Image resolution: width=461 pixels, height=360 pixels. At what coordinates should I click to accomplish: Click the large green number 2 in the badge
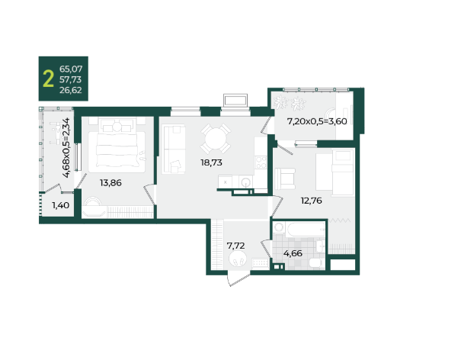(x=49, y=79)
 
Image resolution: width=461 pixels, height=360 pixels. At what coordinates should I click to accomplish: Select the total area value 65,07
(x=71, y=69)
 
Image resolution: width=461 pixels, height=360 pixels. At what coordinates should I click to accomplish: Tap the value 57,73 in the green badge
(x=71, y=79)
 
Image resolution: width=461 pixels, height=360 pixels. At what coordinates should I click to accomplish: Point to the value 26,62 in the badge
(x=71, y=90)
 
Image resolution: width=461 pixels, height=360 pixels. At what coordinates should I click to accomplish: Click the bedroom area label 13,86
(x=110, y=183)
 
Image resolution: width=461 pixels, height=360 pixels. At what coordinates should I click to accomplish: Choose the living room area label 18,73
(x=211, y=162)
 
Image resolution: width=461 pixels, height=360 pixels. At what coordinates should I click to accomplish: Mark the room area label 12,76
(x=311, y=201)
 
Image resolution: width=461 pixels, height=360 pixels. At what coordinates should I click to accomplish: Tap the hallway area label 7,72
(x=235, y=246)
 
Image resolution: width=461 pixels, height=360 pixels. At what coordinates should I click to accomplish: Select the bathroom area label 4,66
(x=293, y=253)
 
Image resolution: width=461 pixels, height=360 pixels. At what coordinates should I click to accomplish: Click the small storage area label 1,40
(x=60, y=205)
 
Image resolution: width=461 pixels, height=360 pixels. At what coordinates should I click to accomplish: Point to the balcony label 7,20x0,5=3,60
(x=317, y=121)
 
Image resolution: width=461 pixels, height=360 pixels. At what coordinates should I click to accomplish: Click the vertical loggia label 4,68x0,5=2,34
(x=67, y=147)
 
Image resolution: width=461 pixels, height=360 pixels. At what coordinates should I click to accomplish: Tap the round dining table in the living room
(x=216, y=138)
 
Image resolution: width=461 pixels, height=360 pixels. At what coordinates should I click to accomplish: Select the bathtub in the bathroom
(x=306, y=230)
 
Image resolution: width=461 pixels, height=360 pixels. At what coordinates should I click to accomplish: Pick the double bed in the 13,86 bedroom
(x=117, y=145)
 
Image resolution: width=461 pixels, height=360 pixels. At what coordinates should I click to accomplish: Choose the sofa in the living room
(x=174, y=149)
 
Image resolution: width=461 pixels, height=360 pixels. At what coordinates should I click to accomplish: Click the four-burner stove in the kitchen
(x=261, y=162)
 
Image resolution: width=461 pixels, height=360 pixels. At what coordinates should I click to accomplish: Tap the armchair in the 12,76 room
(x=284, y=178)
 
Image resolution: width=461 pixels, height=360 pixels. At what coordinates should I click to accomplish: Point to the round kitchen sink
(x=245, y=182)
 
